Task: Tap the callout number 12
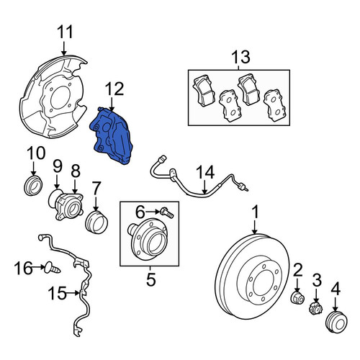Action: [114, 89]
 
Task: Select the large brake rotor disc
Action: [252, 276]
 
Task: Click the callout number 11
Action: [65, 32]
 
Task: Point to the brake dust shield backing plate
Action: [53, 96]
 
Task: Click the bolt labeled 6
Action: [168, 212]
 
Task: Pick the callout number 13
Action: [240, 57]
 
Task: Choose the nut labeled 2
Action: [297, 298]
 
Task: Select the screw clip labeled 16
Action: [53, 269]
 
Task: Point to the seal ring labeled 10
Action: [34, 186]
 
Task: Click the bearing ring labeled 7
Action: [96, 222]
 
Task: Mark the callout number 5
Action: [151, 279]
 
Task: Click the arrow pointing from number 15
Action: [73, 293]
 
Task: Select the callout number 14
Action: [205, 172]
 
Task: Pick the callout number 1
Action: [256, 212]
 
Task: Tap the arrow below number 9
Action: [57, 181]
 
